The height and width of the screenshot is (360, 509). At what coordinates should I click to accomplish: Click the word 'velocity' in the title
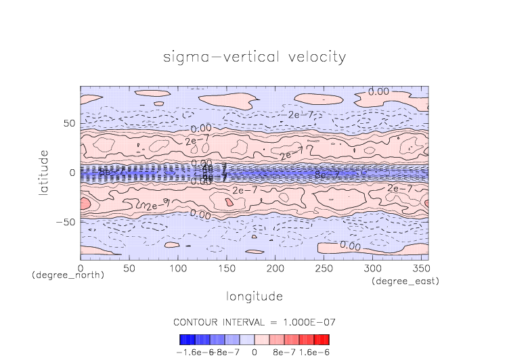point(312,57)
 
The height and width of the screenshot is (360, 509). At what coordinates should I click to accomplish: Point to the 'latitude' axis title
point(44,173)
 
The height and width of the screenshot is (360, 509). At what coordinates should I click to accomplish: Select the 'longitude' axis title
point(255,296)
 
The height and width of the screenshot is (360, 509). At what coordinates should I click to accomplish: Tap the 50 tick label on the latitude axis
point(68,124)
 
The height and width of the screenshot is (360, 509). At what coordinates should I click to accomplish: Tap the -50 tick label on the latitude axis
point(66,222)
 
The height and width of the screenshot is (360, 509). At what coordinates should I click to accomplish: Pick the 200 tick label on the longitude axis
point(275,269)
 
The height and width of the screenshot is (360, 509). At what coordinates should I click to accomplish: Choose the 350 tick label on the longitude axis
point(421,269)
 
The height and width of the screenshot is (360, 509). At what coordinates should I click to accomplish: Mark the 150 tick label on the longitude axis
point(226,269)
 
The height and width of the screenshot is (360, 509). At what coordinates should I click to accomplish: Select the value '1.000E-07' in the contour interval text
point(308,321)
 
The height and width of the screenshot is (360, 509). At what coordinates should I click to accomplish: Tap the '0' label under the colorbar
point(254,353)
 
